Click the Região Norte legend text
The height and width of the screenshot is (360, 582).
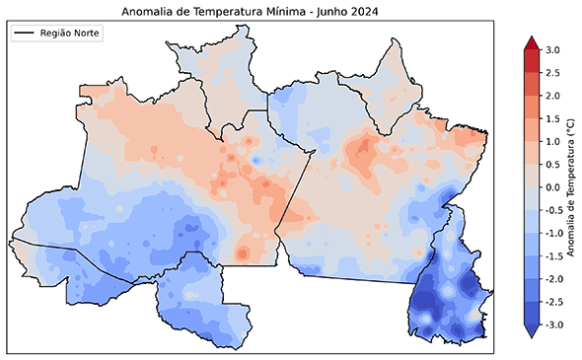[71, 33]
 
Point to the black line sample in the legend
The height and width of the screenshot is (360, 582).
[26, 33]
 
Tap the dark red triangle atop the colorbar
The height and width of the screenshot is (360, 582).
[530, 43]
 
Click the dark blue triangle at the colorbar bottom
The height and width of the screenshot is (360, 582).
[530, 331]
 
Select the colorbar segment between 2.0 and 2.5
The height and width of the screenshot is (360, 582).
[530, 84]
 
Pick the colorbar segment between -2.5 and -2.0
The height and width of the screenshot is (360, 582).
[530, 290]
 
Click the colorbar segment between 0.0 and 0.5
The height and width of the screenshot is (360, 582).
[530, 176]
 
